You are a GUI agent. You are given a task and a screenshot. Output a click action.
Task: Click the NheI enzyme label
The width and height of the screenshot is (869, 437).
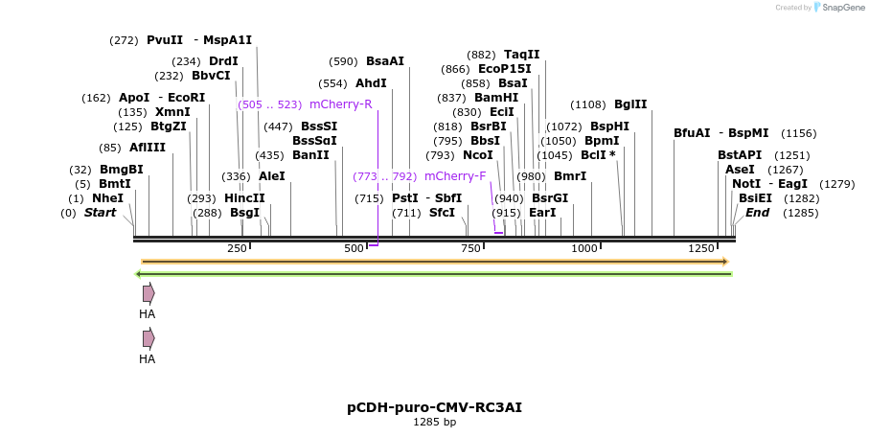pyautogui.click(x=107, y=198)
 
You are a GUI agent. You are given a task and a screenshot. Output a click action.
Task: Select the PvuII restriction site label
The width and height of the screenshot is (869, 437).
pyautogui.click(x=165, y=40)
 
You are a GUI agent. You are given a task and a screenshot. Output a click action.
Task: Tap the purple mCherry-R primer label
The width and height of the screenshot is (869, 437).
pyautogui.click(x=340, y=104)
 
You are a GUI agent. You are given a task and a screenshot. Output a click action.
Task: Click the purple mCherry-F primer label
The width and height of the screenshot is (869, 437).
pyautogui.click(x=455, y=176)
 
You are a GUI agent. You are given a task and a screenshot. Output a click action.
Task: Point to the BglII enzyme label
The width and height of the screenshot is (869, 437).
pyautogui.click(x=630, y=105)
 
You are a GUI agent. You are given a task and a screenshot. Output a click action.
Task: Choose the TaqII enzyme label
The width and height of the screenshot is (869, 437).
pyautogui.click(x=521, y=55)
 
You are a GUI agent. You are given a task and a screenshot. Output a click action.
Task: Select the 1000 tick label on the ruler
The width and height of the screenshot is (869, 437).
pyautogui.click(x=583, y=249)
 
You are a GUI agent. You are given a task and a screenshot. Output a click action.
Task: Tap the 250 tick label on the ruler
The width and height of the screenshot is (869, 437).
pyautogui.click(x=237, y=249)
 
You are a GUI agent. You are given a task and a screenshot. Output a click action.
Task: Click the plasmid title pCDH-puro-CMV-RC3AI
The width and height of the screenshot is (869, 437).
pyautogui.click(x=434, y=407)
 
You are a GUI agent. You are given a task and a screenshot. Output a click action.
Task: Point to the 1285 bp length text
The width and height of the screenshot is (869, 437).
pyautogui.click(x=434, y=422)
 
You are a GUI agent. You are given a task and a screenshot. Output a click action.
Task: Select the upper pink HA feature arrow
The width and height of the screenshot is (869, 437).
pyautogui.click(x=149, y=293)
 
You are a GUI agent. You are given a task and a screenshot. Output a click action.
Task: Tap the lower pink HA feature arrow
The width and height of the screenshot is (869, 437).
pyautogui.click(x=149, y=338)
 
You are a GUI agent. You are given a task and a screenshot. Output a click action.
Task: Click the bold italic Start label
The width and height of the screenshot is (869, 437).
pyautogui.click(x=100, y=213)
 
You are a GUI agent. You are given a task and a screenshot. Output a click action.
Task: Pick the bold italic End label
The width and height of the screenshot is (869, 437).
pyautogui.click(x=757, y=213)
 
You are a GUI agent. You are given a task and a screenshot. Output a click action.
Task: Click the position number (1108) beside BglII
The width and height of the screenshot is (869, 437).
pyautogui.click(x=588, y=105)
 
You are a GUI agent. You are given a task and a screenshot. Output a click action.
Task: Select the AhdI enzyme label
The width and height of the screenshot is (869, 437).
pyautogui.click(x=371, y=83)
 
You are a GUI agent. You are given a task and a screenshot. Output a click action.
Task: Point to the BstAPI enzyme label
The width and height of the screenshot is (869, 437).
pyautogui.click(x=740, y=155)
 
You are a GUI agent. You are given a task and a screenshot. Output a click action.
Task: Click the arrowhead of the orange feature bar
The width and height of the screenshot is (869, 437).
pyautogui.click(x=725, y=262)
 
